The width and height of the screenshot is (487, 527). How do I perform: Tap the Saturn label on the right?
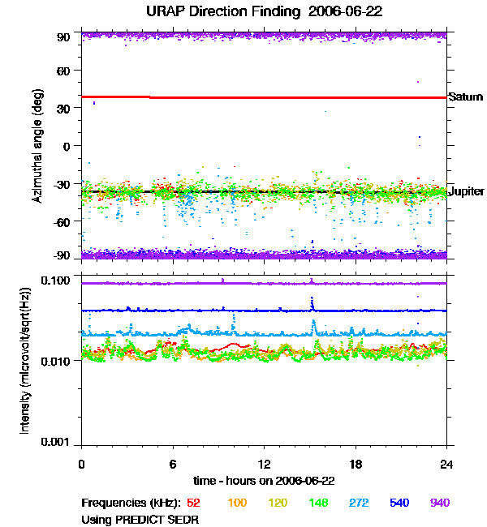tap(463, 96)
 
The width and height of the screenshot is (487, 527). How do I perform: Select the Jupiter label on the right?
tap(466, 191)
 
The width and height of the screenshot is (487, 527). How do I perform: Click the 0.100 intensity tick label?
tap(59, 281)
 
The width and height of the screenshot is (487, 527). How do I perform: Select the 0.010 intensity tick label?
tap(59, 360)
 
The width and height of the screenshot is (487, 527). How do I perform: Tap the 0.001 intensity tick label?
tap(59, 443)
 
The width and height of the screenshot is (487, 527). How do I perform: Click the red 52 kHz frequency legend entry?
tap(193, 503)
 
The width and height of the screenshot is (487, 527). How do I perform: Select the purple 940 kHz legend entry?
tap(439, 503)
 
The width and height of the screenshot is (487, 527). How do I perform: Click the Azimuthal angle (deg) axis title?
tap(37, 145)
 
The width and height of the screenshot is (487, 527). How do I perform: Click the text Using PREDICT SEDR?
tap(140, 519)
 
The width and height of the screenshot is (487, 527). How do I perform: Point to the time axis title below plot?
tap(264, 480)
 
